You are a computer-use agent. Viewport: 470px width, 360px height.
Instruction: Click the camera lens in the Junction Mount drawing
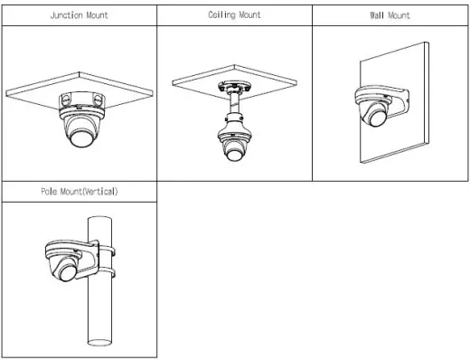(81, 138)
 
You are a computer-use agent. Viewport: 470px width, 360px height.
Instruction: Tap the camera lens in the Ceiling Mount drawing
(234, 154)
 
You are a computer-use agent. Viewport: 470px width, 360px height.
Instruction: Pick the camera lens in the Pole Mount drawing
(68, 272)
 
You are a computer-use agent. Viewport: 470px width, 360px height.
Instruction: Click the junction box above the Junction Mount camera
(82, 101)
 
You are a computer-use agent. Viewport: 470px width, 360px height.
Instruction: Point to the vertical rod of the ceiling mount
(235, 103)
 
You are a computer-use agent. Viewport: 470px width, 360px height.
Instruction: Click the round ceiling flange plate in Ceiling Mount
(235, 87)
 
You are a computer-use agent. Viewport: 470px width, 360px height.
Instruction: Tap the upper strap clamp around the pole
(108, 251)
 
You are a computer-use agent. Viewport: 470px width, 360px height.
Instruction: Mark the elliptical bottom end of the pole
(99, 343)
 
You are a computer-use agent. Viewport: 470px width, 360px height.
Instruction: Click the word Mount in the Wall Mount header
(399, 15)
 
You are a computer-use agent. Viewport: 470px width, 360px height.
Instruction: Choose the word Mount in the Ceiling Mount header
(250, 14)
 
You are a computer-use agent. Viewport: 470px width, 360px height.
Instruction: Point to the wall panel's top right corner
(428, 43)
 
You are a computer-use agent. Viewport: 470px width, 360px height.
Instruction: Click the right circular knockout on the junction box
(98, 99)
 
